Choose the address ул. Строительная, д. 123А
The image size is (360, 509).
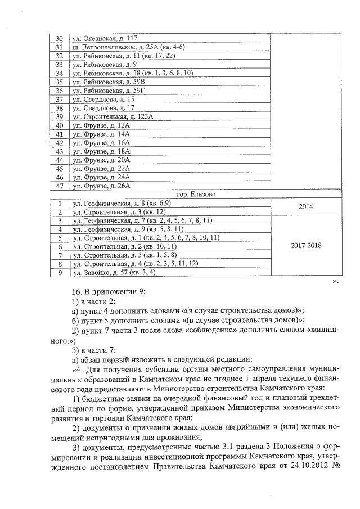pos(112,116)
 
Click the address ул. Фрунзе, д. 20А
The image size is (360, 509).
pos(101,160)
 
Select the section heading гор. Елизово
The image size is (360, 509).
pos(196,194)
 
